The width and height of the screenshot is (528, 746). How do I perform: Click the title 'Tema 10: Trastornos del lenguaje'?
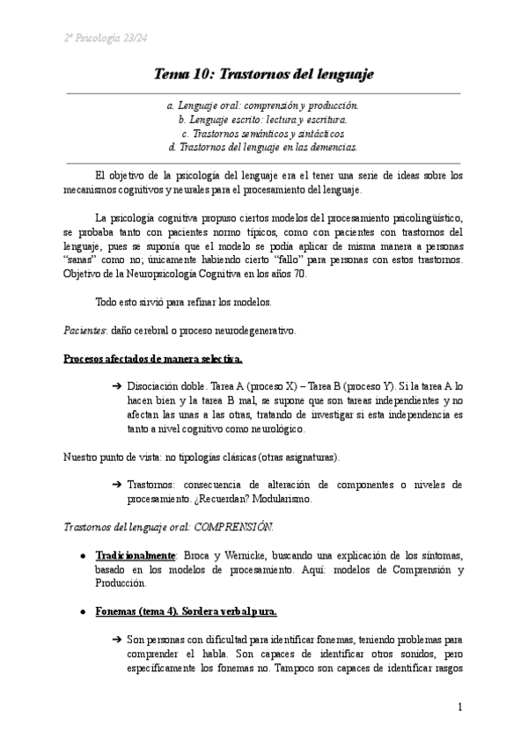pos(264,73)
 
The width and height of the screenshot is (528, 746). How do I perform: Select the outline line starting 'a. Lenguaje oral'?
pos(263,105)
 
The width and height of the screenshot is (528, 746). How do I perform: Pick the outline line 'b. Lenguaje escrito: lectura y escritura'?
pos(263,119)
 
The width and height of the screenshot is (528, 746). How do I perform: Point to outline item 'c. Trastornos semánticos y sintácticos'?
pos(263,133)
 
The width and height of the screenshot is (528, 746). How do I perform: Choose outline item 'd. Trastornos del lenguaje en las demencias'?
pos(263,147)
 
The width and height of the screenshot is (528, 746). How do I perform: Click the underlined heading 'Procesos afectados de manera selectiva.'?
pos(153,359)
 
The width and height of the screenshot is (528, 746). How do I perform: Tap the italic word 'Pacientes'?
pos(85,331)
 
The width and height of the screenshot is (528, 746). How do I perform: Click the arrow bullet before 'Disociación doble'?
pos(116,387)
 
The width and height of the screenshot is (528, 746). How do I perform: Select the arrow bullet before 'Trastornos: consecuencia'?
pos(116,485)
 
